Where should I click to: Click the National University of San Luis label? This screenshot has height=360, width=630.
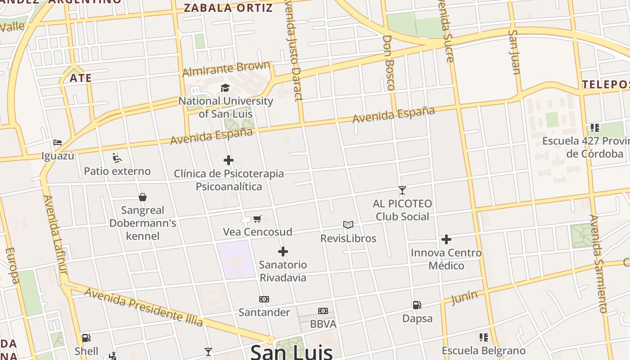coord(226,107)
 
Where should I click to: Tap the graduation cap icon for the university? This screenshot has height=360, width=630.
coord(225,88)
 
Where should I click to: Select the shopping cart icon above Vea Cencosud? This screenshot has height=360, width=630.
coord(257,219)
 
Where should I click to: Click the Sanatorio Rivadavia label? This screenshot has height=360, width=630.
coord(283,271)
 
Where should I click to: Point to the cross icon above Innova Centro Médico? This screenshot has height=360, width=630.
coord(446,239)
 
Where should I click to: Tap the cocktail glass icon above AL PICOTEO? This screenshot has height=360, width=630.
coord(402,190)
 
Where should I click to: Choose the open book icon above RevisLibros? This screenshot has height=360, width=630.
coord(348,225)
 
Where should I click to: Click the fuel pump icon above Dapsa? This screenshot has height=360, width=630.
coord(417,305)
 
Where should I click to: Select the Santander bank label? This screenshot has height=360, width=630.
coord(264,312)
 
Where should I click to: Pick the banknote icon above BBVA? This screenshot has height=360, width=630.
coord(323,311)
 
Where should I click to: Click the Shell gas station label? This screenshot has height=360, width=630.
coord(86,351)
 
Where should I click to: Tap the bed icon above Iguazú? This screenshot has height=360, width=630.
coord(58,143)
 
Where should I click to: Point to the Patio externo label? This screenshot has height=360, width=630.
coord(117,171)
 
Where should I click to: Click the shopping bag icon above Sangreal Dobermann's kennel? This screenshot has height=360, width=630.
coord(143,197)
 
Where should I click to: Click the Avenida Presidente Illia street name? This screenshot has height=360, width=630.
coord(144,306)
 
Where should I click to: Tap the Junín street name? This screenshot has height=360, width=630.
coord(464,297)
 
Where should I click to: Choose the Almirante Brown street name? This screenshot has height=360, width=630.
coord(226,69)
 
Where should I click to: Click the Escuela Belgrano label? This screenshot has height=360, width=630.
coord(483,351)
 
